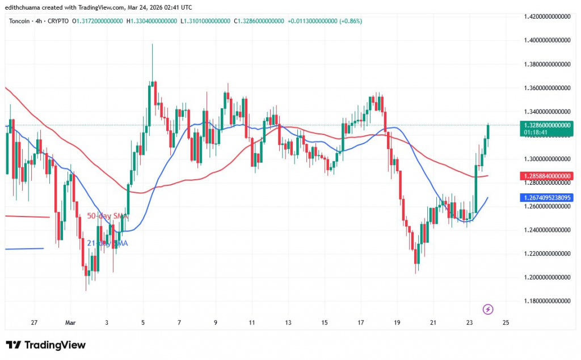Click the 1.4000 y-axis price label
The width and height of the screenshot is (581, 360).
tap(548, 40)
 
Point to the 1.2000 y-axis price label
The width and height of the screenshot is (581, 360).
tap(548, 277)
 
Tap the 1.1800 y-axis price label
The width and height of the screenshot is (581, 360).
tap(548, 301)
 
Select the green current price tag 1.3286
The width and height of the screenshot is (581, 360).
tap(547, 125)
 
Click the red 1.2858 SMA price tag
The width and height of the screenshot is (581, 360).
tap(547, 176)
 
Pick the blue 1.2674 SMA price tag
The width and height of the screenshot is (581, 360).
tap(547, 198)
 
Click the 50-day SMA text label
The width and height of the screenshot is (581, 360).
tap(107, 216)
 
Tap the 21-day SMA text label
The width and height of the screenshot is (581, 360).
tap(107, 243)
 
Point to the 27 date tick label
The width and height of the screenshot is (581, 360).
tap(34, 323)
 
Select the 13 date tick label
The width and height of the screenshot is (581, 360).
tap(288, 323)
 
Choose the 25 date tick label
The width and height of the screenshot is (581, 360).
tap(506, 323)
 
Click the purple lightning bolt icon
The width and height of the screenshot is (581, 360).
tap(488, 309)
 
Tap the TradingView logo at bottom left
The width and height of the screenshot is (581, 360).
tap(45, 345)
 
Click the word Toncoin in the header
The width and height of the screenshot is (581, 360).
tap(20, 21)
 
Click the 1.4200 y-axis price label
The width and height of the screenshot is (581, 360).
tap(548, 17)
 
